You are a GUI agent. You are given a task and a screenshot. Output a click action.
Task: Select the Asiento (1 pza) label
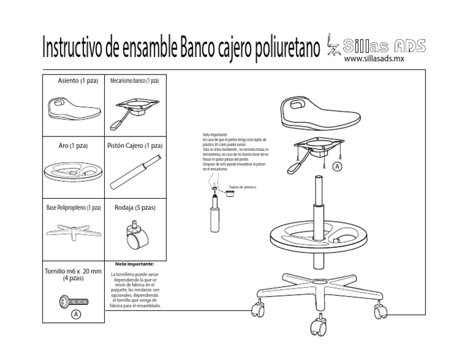point(73,81)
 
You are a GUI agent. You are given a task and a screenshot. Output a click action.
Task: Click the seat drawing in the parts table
point(73,108)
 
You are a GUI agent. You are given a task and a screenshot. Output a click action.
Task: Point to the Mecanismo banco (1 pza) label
point(134,81)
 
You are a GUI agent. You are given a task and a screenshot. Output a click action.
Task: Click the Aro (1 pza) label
point(73,146)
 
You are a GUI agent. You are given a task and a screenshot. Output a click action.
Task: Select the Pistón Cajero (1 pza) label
point(134,146)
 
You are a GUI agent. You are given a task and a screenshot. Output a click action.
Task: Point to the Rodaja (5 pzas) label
point(135,208)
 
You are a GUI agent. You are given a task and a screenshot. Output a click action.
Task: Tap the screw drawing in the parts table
point(75,300)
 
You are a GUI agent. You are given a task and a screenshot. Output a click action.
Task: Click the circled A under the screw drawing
point(75,315)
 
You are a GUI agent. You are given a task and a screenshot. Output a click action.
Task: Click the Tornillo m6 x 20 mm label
point(73,275)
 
